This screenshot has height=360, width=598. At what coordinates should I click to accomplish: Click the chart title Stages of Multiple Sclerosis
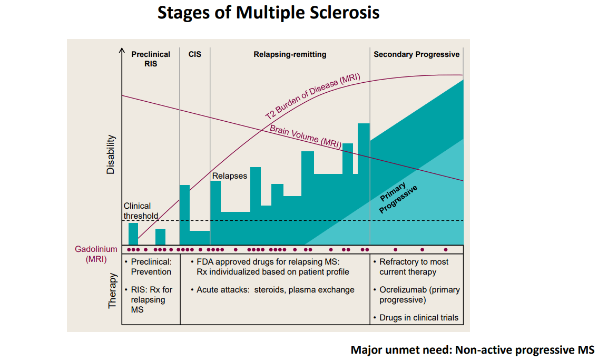[x=268, y=13]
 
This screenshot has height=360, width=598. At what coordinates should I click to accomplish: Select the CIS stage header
[x=194, y=54]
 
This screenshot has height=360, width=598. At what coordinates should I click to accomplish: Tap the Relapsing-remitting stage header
[x=290, y=54]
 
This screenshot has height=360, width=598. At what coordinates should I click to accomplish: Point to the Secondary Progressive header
[x=416, y=54]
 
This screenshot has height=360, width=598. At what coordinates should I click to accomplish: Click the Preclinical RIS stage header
[x=151, y=59]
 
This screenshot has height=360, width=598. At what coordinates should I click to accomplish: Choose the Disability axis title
[x=111, y=154]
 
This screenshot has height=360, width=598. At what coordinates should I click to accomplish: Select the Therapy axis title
[x=112, y=290]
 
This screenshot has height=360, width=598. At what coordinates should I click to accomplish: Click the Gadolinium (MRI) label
[x=96, y=254]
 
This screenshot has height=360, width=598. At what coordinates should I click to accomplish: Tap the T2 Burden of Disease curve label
[x=312, y=96]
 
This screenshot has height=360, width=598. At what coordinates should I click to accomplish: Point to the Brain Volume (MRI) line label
[x=305, y=135]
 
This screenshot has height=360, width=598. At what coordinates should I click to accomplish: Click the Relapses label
[x=229, y=176]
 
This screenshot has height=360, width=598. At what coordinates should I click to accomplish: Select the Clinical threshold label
[x=141, y=211]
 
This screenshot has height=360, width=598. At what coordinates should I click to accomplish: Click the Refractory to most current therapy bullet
[x=414, y=267]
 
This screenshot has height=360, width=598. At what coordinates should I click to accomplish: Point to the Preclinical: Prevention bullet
[x=151, y=267]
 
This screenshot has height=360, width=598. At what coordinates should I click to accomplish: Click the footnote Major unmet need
[x=472, y=349]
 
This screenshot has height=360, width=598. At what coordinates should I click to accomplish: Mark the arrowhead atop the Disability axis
[x=122, y=51]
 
